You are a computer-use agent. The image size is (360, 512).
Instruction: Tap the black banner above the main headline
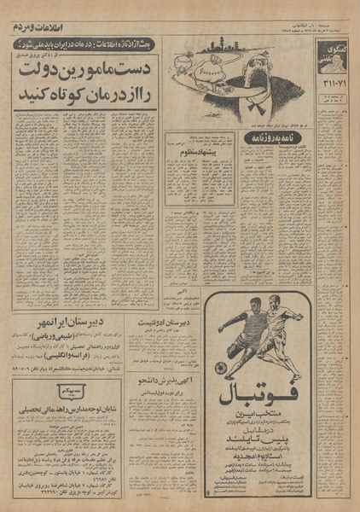(x=85, y=41)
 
